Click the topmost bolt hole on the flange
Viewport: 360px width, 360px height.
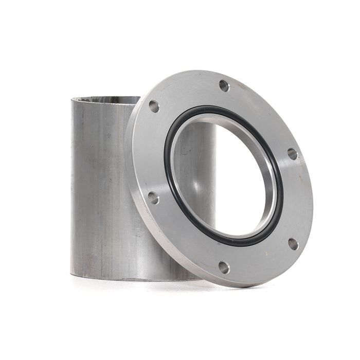point(224,85)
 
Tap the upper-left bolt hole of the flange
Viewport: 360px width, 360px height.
point(154,106)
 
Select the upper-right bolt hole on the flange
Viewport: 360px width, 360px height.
point(292,154)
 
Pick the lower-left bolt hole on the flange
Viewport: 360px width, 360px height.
point(153,197)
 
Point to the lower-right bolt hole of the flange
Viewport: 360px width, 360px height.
point(293,243)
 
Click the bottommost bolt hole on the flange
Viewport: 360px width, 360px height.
point(224,267)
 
